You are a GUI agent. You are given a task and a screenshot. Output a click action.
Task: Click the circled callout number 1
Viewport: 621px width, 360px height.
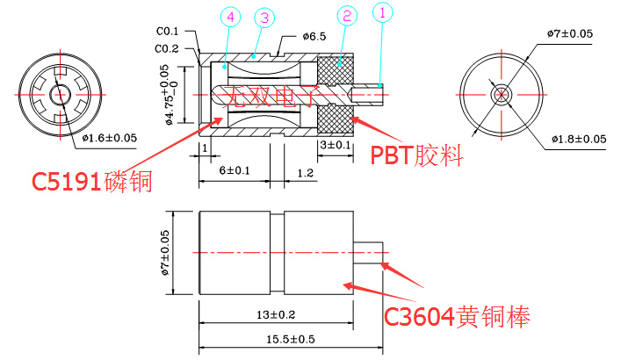tap(381, 14)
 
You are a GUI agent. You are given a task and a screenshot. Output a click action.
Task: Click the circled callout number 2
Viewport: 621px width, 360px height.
tap(346, 17)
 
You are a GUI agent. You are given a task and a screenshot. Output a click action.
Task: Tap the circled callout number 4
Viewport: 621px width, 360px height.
tap(229, 17)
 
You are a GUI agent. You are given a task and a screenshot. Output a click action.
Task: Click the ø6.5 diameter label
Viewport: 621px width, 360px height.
tap(314, 36)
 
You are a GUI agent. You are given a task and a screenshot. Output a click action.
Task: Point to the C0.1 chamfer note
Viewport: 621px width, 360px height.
tap(168, 32)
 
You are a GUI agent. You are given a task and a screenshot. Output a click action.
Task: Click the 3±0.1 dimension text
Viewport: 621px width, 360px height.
tap(335, 144)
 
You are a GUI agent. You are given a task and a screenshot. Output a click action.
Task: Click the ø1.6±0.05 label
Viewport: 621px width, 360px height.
tap(110, 137)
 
